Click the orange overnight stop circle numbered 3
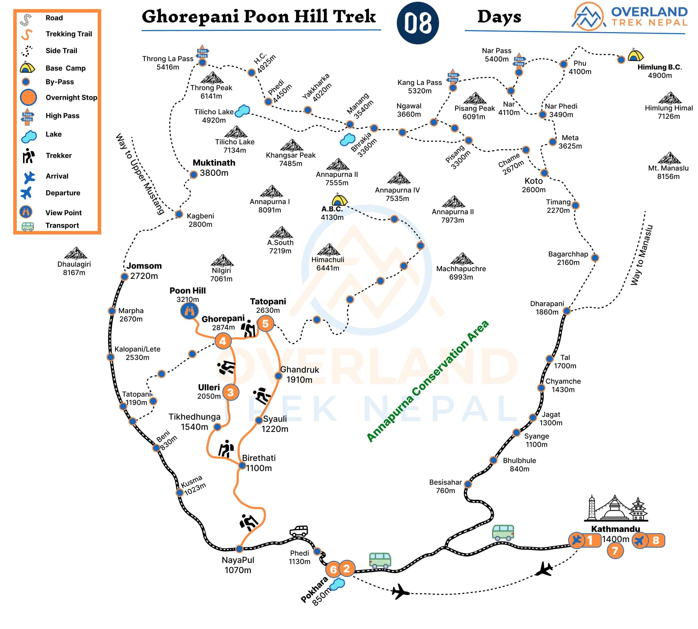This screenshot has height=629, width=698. coord(230,392)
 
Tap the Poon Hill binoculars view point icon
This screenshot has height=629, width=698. coord(189,310)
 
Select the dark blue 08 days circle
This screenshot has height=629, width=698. coord(418,23)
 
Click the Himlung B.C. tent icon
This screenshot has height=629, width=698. coord(635,56)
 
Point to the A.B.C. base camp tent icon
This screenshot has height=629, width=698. coord(339,200)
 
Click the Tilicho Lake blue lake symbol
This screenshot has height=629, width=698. coord(243,111)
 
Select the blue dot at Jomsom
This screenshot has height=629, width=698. coord(124,277)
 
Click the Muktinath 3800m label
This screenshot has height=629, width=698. coord(214,168)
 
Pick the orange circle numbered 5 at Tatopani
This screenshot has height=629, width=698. coord(265,324)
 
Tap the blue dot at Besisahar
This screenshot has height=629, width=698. coord(468,484)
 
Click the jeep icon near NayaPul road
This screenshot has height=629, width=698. coord(299,531)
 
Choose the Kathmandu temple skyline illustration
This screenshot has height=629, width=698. coord(616,508)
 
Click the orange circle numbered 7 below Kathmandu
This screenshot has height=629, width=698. coord(615,551)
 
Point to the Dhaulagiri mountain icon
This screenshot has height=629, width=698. coord(75,253)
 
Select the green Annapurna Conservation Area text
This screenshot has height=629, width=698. coord(428,382)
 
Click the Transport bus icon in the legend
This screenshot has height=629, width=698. coord(28,226)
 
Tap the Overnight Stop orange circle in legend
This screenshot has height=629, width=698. coord(28,97)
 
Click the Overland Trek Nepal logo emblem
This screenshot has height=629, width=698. coord(588,16)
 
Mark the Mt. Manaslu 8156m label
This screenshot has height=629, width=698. coord(668,172)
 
